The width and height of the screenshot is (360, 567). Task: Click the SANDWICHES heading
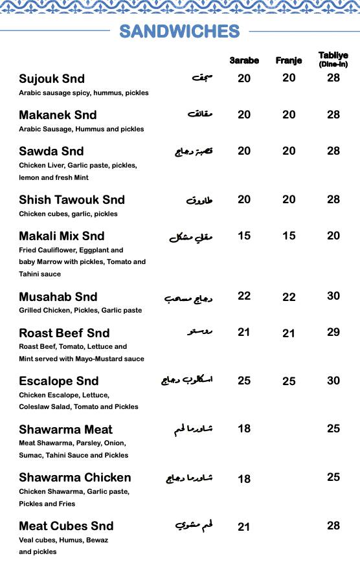coord(179,31)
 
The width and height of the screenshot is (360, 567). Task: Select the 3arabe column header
coord(244,61)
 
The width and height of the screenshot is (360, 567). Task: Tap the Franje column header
coord(289,61)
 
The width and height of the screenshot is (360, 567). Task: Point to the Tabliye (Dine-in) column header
coord(333,60)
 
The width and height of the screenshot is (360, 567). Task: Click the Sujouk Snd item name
coord(52,79)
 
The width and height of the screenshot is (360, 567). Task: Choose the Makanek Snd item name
coord(58,115)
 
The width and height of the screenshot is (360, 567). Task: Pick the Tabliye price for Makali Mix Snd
coord(333,236)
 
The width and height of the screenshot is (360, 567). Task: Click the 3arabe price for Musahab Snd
coord(244,296)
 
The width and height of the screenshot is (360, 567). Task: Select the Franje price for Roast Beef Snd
coord(289,333)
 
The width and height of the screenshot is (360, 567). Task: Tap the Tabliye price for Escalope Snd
coord(333,381)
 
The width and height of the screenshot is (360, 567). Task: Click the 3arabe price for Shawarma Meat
coord(244,428)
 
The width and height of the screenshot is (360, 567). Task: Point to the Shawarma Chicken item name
coord(75,478)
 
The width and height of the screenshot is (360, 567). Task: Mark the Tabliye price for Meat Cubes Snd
coord(333,526)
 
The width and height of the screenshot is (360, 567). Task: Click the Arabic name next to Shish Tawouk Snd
coord(199,200)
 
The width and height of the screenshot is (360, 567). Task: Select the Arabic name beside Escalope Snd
coord(187,380)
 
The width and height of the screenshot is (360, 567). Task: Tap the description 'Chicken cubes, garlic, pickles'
coord(69,214)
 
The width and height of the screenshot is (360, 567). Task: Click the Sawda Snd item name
coord(51,151)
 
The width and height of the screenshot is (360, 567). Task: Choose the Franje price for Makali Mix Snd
coord(289,236)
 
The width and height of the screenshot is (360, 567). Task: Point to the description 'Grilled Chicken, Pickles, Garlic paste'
coord(80,310)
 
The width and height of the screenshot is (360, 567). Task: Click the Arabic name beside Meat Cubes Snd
coord(194,526)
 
